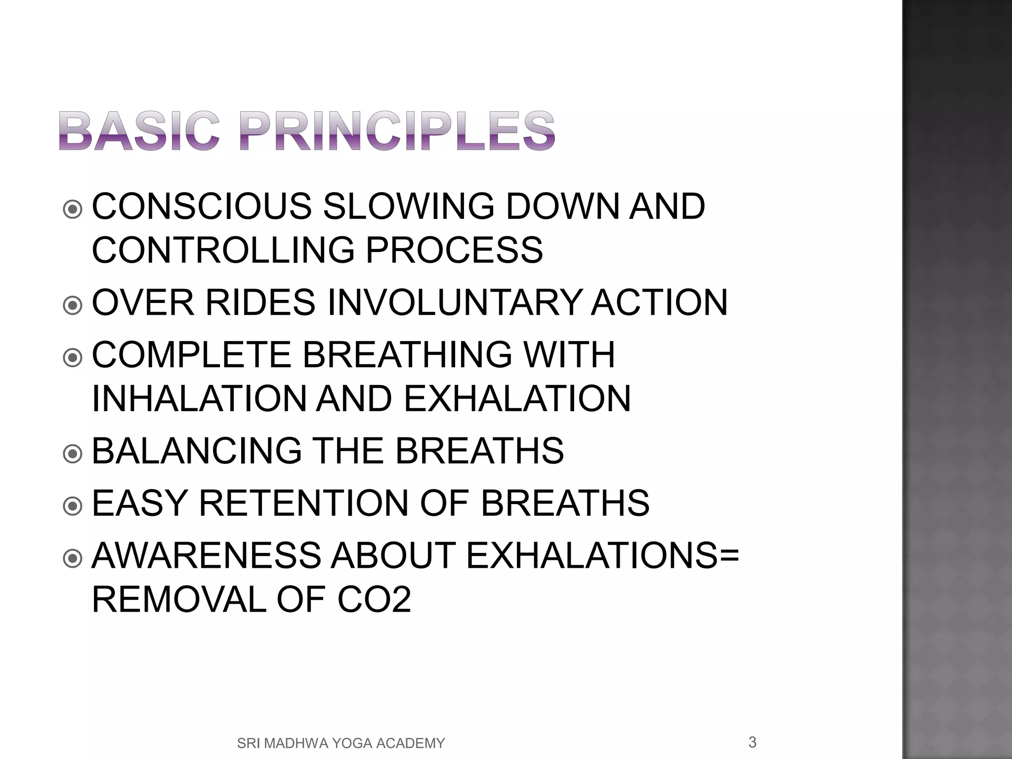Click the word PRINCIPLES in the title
(398, 130)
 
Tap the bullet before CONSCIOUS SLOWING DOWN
(73, 210)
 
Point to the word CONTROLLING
(223, 250)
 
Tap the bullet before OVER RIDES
(73, 305)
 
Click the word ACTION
(659, 302)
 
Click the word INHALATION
(200, 398)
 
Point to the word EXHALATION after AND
(517, 398)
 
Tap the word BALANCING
(197, 451)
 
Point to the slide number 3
(752, 742)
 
